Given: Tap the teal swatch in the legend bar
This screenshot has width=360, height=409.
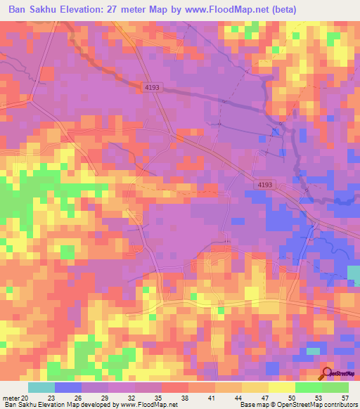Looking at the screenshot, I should pos(41,387).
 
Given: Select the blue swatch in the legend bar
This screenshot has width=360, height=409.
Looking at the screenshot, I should pos(67,387).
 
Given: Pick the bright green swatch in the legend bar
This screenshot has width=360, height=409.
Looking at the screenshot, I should pos(309,387).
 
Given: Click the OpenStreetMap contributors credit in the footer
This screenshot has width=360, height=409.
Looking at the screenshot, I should pos(323,405).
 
